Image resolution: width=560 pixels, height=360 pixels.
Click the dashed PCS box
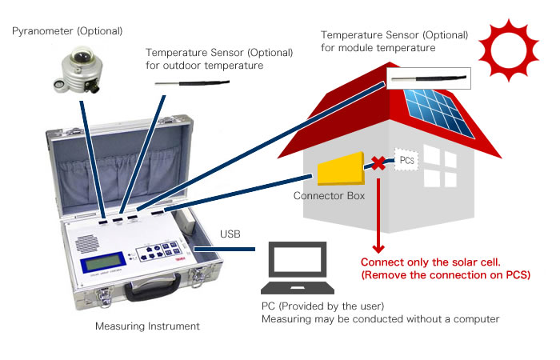406,161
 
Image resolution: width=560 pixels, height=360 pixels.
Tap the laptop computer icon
297,269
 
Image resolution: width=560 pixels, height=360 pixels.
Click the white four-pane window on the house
439,166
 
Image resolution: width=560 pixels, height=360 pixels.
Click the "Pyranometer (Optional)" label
68,31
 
